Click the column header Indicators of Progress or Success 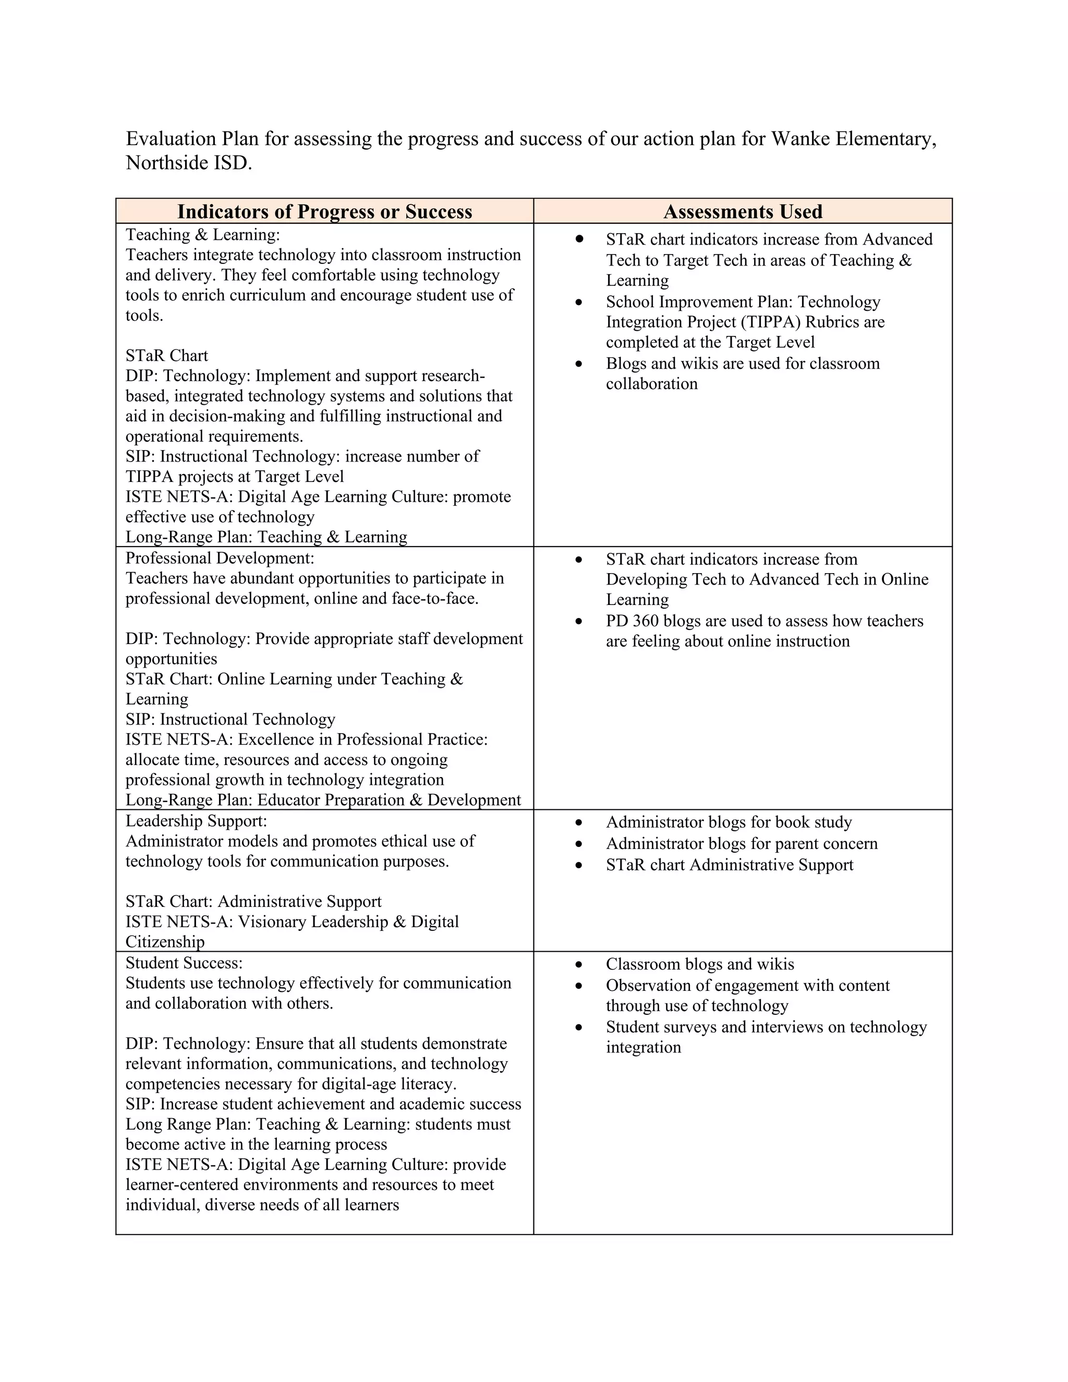point(324,211)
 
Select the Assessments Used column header point(743,211)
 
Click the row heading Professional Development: point(220,558)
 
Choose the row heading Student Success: point(184,963)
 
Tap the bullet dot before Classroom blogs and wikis point(578,965)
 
